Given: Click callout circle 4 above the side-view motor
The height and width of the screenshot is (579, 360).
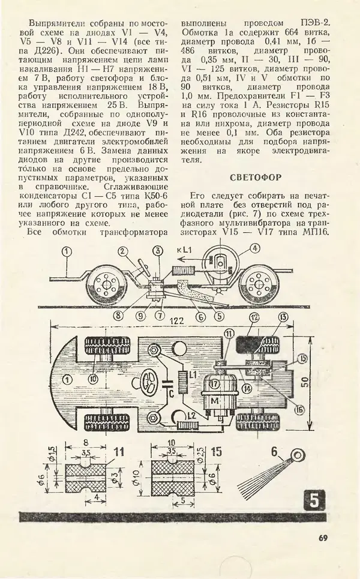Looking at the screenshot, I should pyautogui.click(x=254, y=247).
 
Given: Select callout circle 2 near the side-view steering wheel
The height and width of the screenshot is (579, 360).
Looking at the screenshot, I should pyautogui.click(x=122, y=253).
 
